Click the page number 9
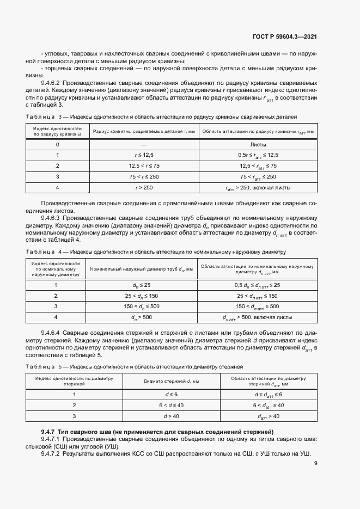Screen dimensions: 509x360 tap(315, 463)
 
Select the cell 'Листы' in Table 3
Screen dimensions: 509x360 tap(258, 144)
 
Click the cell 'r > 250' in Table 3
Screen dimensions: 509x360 tap(144, 187)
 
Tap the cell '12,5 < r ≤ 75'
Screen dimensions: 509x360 tap(144, 165)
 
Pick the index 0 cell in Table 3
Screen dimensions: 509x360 tap(57, 144)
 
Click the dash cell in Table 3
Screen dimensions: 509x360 tap(144, 144)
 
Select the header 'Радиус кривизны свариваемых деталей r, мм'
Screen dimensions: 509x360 tap(144, 131)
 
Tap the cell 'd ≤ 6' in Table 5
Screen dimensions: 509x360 tap(172, 394)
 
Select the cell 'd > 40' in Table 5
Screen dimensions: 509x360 tap(172, 416)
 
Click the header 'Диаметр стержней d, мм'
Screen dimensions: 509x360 tap(172, 381)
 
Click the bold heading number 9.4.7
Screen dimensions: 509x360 tap(51, 431)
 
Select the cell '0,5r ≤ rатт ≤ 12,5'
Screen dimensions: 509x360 tap(258, 155)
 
